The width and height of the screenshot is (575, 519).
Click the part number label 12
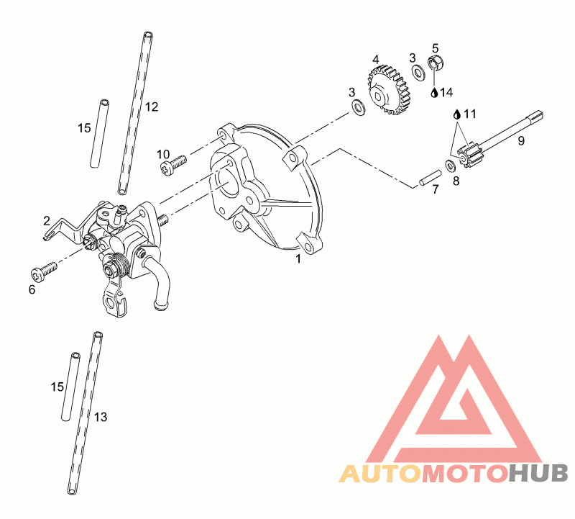point(152,107)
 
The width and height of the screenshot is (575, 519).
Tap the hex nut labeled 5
point(436,63)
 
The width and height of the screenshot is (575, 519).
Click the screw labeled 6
point(42,273)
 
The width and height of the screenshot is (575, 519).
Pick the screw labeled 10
point(172,164)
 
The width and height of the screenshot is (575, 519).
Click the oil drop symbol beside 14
point(434,92)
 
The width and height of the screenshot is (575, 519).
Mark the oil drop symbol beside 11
point(456,114)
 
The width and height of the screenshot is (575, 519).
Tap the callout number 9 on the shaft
point(521,140)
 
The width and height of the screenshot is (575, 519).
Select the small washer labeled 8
point(450,166)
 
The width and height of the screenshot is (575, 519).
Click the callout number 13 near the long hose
point(101,417)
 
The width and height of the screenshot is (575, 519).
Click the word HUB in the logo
point(538,473)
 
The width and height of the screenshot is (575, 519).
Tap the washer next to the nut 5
point(418,72)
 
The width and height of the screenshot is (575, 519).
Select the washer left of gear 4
point(357,108)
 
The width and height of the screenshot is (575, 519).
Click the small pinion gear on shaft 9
point(466,157)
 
